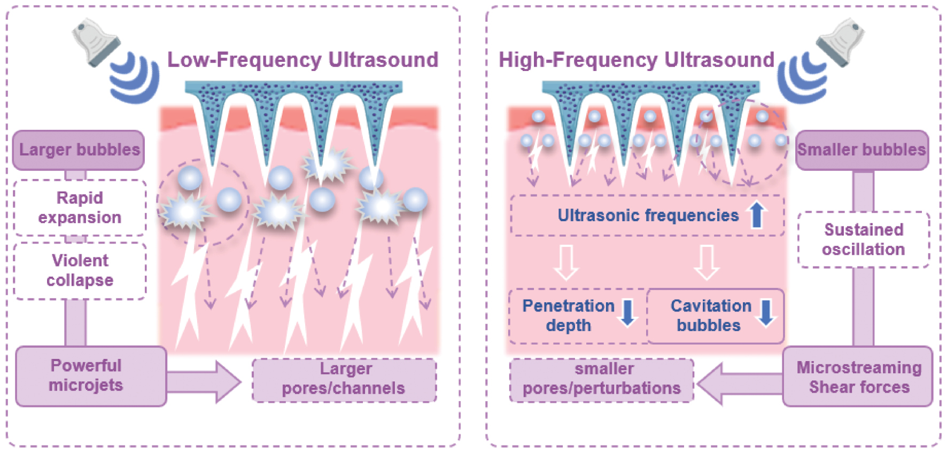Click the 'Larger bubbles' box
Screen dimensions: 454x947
[79, 150]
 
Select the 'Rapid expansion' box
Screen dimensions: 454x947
[80, 208]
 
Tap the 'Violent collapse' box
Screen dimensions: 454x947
[80, 271]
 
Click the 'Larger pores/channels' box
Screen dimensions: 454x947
[344, 379]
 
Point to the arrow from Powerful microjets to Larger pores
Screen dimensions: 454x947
[206, 381]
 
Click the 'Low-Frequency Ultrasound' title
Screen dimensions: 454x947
[302, 60]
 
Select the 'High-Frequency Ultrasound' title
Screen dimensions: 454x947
[636, 60]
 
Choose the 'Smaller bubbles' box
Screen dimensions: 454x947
[861, 150]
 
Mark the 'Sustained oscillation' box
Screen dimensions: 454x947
[863, 239]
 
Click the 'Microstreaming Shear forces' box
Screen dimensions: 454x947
[858, 377]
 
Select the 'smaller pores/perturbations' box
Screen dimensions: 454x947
[602, 379]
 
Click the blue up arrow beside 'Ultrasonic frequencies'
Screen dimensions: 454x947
[757, 215]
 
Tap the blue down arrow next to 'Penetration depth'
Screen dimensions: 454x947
[627, 313]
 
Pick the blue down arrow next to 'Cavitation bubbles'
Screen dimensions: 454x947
[766, 313]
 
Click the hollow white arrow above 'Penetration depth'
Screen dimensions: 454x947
[566, 262]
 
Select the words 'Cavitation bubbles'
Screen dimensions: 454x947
[710, 316]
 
